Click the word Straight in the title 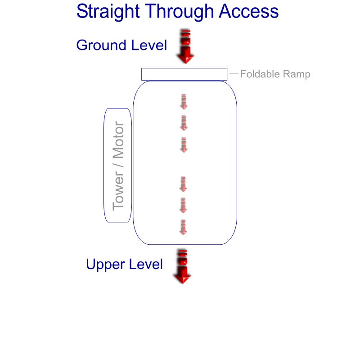pos(108,12)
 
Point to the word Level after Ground pos(149,45)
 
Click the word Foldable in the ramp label pos(259,74)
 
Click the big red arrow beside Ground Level pos(185,46)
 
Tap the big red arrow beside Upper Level pos(182,266)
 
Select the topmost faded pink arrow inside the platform pos(184,102)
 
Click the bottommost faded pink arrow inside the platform pos(183,227)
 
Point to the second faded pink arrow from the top pos(184,123)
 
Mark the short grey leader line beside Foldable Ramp pos(234,73)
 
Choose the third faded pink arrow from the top pos(183,145)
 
